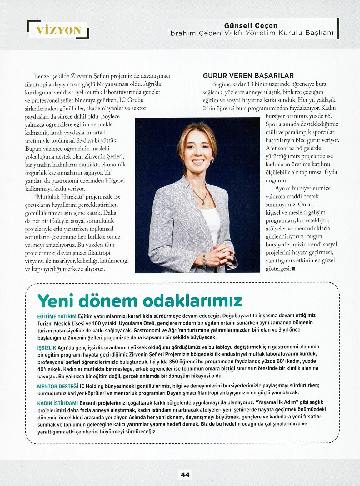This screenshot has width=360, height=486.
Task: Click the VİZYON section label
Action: (59, 30)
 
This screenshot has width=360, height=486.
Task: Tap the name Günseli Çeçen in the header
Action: (251, 26)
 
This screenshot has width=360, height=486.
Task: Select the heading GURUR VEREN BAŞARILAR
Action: (248, 76)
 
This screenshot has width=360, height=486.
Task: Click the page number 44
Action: (185, 474)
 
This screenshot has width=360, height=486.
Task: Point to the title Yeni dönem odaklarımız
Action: (140, 301)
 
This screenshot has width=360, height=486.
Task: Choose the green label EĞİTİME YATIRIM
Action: (57, 316)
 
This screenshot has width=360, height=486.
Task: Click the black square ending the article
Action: (293, 269)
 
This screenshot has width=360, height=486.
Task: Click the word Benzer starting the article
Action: (42, 76)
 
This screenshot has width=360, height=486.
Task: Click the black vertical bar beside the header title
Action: (338, 29)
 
